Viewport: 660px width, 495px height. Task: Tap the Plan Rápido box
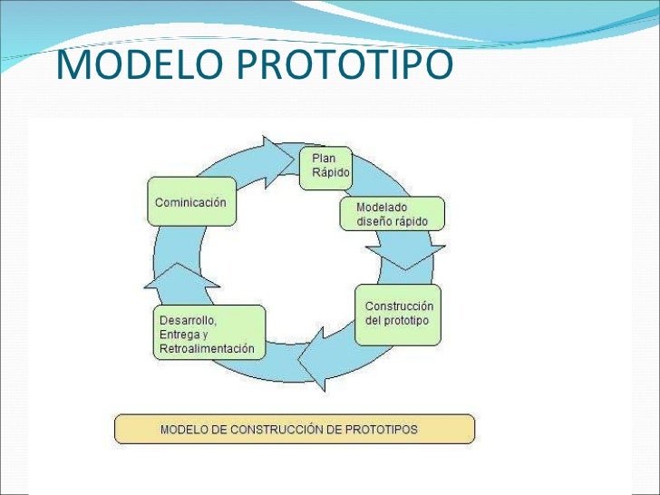point(325,165)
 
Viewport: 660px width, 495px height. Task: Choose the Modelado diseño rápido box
point(393,214)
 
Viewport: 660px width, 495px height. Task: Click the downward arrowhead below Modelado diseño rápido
point(411,257)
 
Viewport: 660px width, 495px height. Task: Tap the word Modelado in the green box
point(381,207)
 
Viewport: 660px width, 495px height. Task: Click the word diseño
point(374,221)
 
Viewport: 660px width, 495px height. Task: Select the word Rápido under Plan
point(330,172)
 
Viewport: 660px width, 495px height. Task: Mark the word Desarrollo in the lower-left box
point(188,320)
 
